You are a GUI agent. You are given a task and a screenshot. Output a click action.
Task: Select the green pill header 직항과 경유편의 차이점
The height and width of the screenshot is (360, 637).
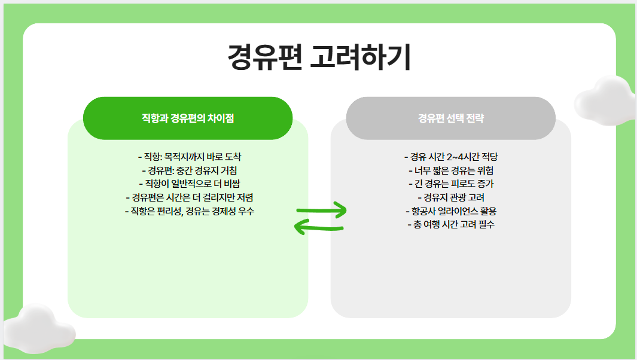click(x=188, y=118)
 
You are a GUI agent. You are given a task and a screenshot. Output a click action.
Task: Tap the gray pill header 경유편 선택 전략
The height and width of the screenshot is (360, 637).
click(x=450, y=118)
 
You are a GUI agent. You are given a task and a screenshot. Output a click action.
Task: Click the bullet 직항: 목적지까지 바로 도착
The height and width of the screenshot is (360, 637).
click(x=188, y=157)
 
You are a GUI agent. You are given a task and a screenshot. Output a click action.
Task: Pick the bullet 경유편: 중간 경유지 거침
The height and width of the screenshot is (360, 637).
click(x=188, y=170)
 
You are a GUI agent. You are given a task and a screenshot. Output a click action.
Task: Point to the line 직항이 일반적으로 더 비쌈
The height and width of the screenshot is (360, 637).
click(x=188, y=184)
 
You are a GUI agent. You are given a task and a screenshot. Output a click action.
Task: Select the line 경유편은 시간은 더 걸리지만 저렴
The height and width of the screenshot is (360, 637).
click(x=188, y=197)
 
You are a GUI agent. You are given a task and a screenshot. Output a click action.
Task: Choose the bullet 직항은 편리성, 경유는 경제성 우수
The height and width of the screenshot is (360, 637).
click(x=188, y=211)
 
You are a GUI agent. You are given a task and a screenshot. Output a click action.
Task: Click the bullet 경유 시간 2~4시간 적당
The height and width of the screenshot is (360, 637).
click(x=450, y=157)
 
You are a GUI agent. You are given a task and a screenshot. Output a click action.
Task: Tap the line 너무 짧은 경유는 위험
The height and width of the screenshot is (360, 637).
click(x=450, y=170)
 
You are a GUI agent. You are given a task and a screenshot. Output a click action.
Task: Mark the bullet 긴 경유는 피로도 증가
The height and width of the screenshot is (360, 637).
click(x=450, y=184)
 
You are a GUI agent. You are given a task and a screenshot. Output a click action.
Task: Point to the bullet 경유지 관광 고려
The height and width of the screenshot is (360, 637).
click(x=450, y=197)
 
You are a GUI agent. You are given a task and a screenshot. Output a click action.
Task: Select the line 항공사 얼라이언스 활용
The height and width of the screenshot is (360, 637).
click(x=450, y=211)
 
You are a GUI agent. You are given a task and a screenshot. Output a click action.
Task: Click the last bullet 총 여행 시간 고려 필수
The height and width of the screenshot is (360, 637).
click(x=450, y=225)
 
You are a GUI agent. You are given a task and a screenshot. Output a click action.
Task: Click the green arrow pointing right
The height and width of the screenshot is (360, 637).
click(x=322, y=210)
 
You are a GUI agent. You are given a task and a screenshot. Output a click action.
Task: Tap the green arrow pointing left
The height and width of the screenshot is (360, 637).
click(x=319, y=228)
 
